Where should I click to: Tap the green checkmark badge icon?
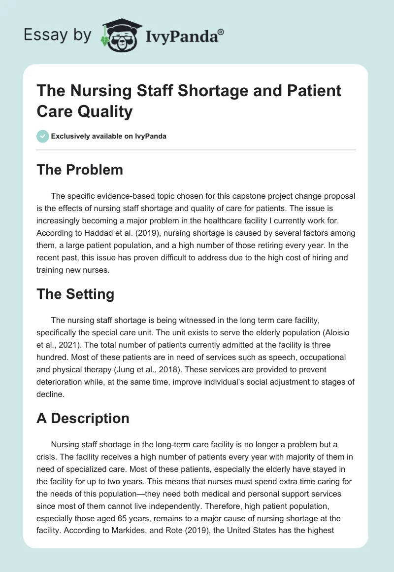(x=42, y=136)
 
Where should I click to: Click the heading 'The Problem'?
(x=80, y=170)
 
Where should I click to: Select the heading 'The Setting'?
(x=75, y=294)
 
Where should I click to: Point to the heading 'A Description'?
(x=83, y=418)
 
